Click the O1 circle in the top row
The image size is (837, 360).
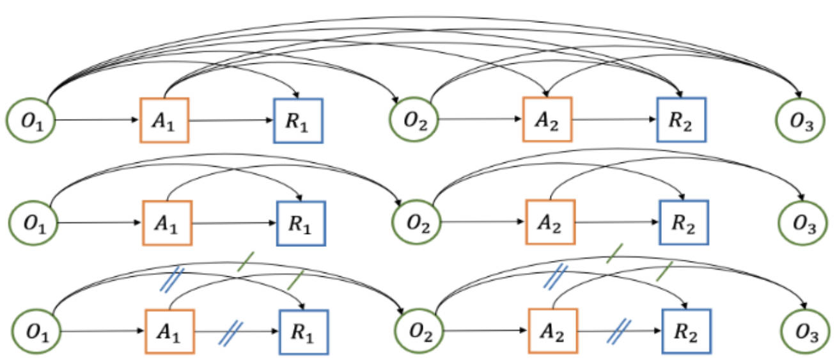click(31, 120)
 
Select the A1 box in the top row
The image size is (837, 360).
click(164, 120)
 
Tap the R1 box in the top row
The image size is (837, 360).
click(298, 120)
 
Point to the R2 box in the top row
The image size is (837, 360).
click(681, 120)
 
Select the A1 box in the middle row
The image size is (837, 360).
click(167, 223)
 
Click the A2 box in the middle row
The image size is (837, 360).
click(550, 223)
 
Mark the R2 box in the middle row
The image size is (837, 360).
click(684, 223)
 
